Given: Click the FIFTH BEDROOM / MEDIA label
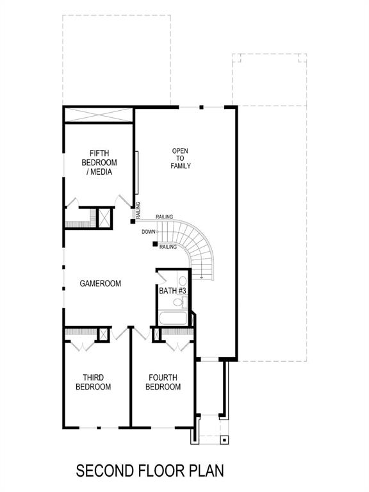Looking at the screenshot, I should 99,163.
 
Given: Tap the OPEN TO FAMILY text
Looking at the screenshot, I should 181,158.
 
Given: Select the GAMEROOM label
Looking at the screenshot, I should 101,283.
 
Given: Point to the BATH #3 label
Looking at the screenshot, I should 172,291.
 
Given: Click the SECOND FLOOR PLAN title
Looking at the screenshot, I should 151,471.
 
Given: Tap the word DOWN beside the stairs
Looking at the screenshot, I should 149,231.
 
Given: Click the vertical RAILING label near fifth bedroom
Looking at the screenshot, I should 138,210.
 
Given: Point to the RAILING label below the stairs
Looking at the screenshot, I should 168,247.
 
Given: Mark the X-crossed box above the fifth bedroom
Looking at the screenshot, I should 99,115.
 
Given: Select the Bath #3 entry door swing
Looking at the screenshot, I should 163,277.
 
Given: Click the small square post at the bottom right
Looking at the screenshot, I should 224,440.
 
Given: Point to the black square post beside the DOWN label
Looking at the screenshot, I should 155,243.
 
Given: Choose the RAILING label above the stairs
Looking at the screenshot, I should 165,217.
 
